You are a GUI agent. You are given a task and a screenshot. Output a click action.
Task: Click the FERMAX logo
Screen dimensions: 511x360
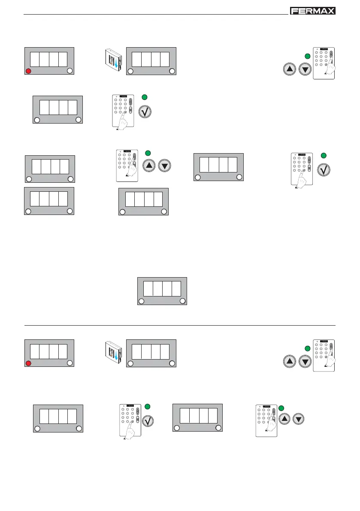click(x=313, y=11)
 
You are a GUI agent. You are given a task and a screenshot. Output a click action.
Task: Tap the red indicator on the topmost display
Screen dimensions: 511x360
click(x=28, y=71)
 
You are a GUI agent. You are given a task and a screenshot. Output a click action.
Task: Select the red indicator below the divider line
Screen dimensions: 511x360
click(x=28, y=363)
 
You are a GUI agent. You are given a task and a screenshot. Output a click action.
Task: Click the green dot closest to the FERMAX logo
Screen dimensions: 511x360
click(x=307, y=56)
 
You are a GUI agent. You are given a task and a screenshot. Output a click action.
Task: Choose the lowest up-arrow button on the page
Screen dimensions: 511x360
click(x=285, y=420)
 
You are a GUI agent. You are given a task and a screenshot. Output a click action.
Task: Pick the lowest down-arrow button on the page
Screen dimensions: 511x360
click(x=299, y=420)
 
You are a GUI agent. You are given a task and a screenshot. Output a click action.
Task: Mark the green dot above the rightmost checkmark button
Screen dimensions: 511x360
click(x=324, y=155)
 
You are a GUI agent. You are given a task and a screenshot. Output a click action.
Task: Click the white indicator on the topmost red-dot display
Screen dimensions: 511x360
click(x=70, y=71)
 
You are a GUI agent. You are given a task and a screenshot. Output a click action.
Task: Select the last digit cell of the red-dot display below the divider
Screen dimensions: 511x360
click(x=63, y=351)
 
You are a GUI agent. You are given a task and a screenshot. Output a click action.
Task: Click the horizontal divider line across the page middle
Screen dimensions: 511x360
click(x=180, y=325)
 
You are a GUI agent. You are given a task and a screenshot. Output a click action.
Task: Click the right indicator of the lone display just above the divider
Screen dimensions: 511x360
click(x=183, y=301)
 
